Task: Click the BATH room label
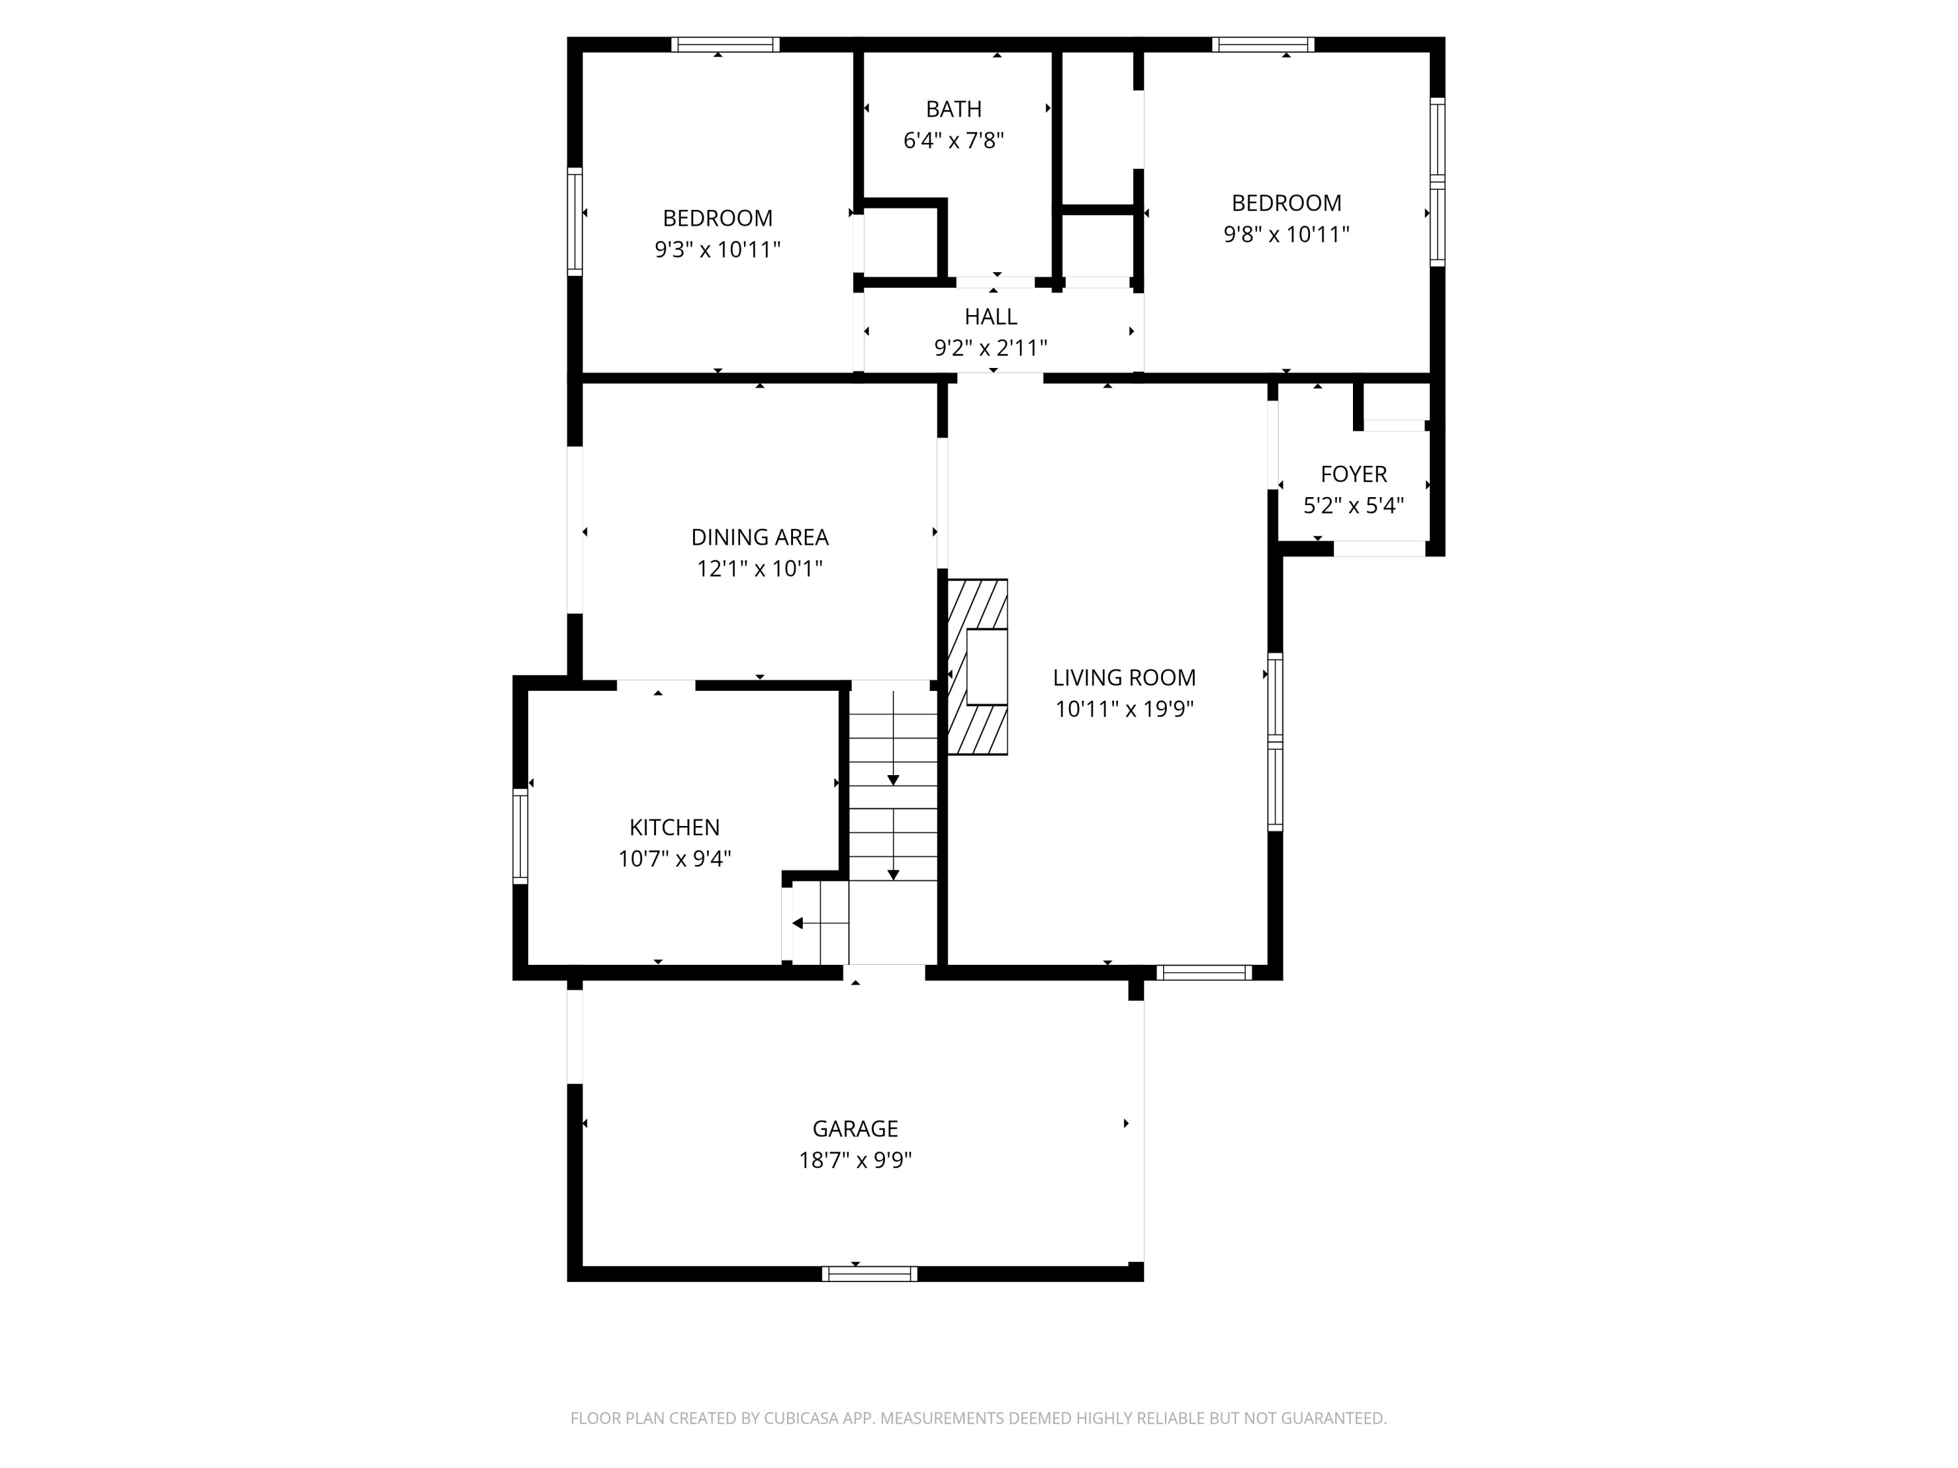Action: pos(954,109)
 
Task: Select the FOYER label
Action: pos(1354,474)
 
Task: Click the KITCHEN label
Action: pos(674,827)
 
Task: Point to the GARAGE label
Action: pos(855,1128)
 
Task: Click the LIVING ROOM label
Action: pos(1124,678)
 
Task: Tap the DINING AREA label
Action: pos(760,537)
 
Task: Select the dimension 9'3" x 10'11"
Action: pos(717,249)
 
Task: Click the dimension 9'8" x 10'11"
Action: pos(1286,234)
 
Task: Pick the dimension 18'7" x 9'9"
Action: pos(855,1160)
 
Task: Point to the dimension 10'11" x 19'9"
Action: pos(1124,709)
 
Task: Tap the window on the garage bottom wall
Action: pos(869,1274)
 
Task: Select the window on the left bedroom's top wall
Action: pos(725,44)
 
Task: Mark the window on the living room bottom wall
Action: pos(1204,973)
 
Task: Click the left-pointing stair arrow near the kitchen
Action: pos(798,924)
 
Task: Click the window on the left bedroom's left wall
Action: pos(574,221)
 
